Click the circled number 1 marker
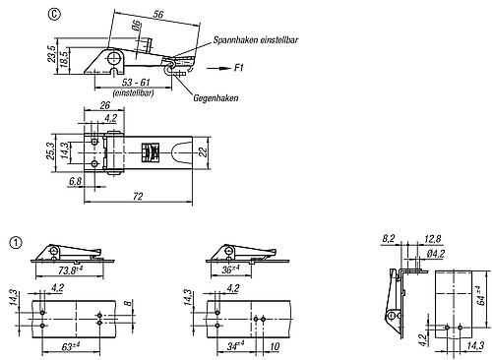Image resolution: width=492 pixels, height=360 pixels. (15, 240)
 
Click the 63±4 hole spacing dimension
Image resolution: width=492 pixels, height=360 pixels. (70, 345)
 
